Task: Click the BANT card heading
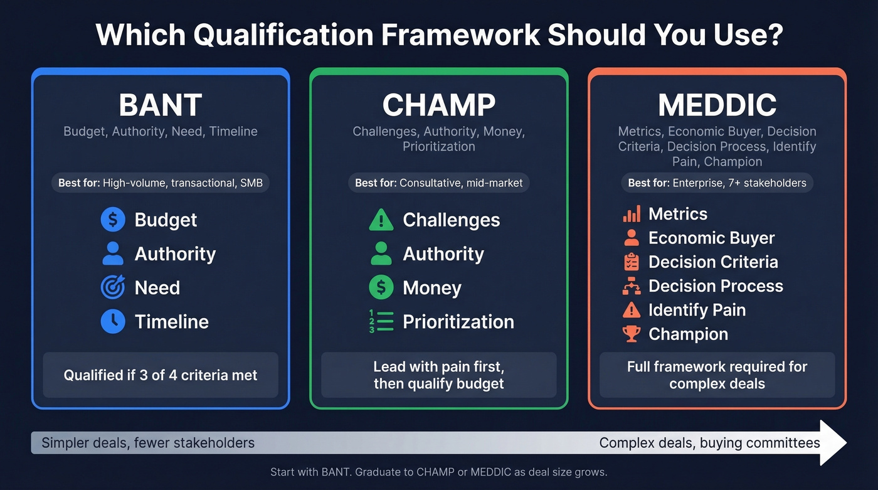tap(161, 105)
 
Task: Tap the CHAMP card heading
tap(439, 105)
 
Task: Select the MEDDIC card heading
tap(717, 105)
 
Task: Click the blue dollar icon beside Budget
tap(113, 220)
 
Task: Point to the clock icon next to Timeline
tap(113, 321)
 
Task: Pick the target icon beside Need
tap(113, 287)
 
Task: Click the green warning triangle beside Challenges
tap(381, 220)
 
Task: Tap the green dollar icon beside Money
tap(381, 287)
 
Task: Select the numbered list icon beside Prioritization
tap(381, 321)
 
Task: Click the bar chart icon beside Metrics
tap(632, 214)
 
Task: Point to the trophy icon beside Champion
tap(632, 334)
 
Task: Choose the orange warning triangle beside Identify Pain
tap(632, 310)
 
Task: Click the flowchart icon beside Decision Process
tap(632, 286)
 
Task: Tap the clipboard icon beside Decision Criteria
tap(632, 262)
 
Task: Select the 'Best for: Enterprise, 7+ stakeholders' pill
tap(717, 183)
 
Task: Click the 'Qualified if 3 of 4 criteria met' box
tap(161, 375)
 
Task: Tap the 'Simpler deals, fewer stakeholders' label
tap(148, 443)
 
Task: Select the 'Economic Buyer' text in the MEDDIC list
tap(711, 238)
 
